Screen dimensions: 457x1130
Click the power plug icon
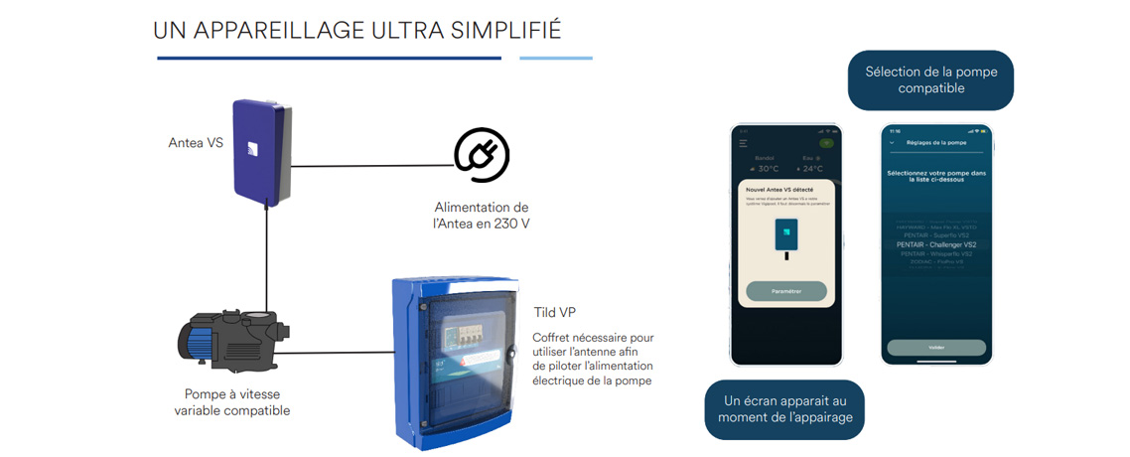click(481, 155)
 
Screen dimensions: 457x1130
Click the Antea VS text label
click(195, 143)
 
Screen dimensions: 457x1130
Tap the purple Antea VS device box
click(261, 154)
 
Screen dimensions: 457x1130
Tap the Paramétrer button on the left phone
click(785, 291)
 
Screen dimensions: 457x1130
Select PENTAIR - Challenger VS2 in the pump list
click(936, 244)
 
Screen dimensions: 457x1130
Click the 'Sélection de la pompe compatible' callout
click(930, 80)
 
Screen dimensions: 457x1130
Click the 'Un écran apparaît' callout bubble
click(784, 408)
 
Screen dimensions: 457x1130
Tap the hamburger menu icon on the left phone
click(743, 143)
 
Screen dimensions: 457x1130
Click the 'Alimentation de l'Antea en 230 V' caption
click(482, 215)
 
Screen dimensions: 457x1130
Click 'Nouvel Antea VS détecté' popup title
click(785, 188)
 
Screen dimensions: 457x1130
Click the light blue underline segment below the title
click(556, 58)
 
